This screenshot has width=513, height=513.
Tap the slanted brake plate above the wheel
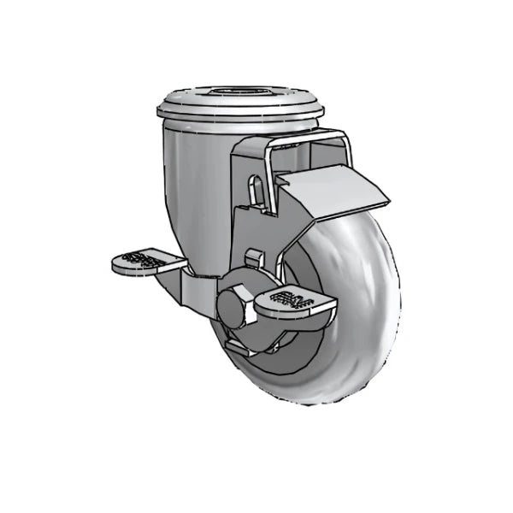point(333,192)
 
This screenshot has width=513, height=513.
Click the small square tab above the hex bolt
point(252,257)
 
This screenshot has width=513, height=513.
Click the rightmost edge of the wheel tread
point(398,282)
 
